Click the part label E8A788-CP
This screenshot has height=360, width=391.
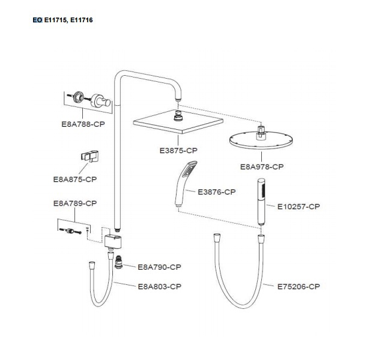pos(83,124)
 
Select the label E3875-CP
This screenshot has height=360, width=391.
pos(178,150)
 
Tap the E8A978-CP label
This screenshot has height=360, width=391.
pos(262,166)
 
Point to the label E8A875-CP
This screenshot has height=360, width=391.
pos(75,179)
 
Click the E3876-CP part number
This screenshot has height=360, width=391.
pos(216,192)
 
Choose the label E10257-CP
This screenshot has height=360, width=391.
pos(299,207)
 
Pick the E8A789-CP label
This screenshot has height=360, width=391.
pos(75,203)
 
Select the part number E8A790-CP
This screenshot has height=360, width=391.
pos(159,267)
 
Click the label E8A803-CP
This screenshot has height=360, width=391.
pos(159,287)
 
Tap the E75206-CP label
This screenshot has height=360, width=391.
pos(299,287)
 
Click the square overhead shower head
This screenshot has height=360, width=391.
pos(178,121)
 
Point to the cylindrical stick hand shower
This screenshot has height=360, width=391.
pos(261,201)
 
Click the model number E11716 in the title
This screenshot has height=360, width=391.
pos(81,20)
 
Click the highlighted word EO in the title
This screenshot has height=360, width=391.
pos(37,20)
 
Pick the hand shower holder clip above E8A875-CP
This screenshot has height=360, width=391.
pos(89,156)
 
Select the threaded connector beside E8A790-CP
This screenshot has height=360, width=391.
pos(118,261)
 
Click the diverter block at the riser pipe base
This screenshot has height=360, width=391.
pos(113,242)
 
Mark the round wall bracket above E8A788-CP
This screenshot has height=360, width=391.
pos(100,101)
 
